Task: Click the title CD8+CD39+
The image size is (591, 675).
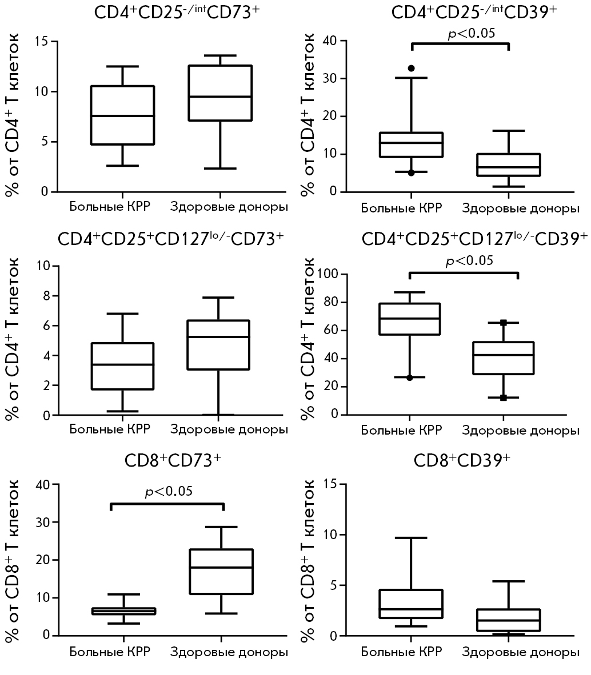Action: (x=462, y=461)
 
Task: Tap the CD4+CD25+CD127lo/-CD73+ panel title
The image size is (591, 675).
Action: (x=170, y=240)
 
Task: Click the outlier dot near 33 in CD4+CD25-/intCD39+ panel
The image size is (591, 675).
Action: (x=411, y=69)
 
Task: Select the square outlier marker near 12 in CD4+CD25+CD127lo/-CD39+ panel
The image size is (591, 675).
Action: (x=504, y=397)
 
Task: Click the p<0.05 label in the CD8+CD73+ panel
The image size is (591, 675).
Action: (x=168, y=491)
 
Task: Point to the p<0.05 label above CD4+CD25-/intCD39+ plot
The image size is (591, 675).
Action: (x=471, y=34)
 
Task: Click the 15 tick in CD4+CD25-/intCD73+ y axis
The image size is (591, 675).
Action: (x=41, y=42)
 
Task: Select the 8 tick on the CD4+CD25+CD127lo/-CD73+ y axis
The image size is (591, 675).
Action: (x=45, y=296)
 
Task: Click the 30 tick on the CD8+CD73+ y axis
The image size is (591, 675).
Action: (x=41, y=522)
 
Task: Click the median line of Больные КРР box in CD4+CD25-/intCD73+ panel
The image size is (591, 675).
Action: (x=123, y=116)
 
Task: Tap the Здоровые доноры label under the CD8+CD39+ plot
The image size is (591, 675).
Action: (x=520, y=652)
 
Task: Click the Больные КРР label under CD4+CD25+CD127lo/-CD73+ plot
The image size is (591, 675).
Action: (x=110, y=429)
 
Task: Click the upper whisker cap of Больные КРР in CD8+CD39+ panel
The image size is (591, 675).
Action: (x=411, y=538)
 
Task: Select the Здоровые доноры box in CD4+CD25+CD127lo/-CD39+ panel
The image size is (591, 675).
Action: (x=504, y=358)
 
